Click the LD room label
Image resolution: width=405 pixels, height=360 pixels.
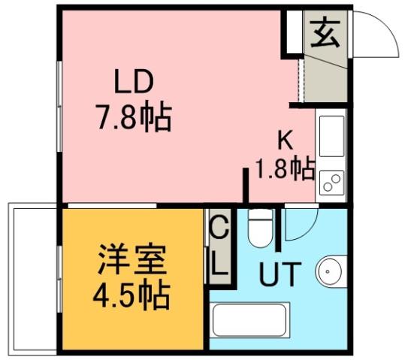(x=134, y=82)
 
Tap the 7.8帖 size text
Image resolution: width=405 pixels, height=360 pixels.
(x=133, y=117)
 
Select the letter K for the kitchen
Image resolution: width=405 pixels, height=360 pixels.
(x=286, y=140)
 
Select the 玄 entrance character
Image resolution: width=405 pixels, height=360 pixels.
(x=325, y=35)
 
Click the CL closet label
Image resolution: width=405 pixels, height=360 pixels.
(x=219, y=247)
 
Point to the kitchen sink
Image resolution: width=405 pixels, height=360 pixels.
(x=331, y=136)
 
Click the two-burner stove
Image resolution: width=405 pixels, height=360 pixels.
(x=331, y=181)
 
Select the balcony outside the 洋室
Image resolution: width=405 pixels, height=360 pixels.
(x=31, y=278)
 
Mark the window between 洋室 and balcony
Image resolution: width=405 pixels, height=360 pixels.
(x=59, y=278)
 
